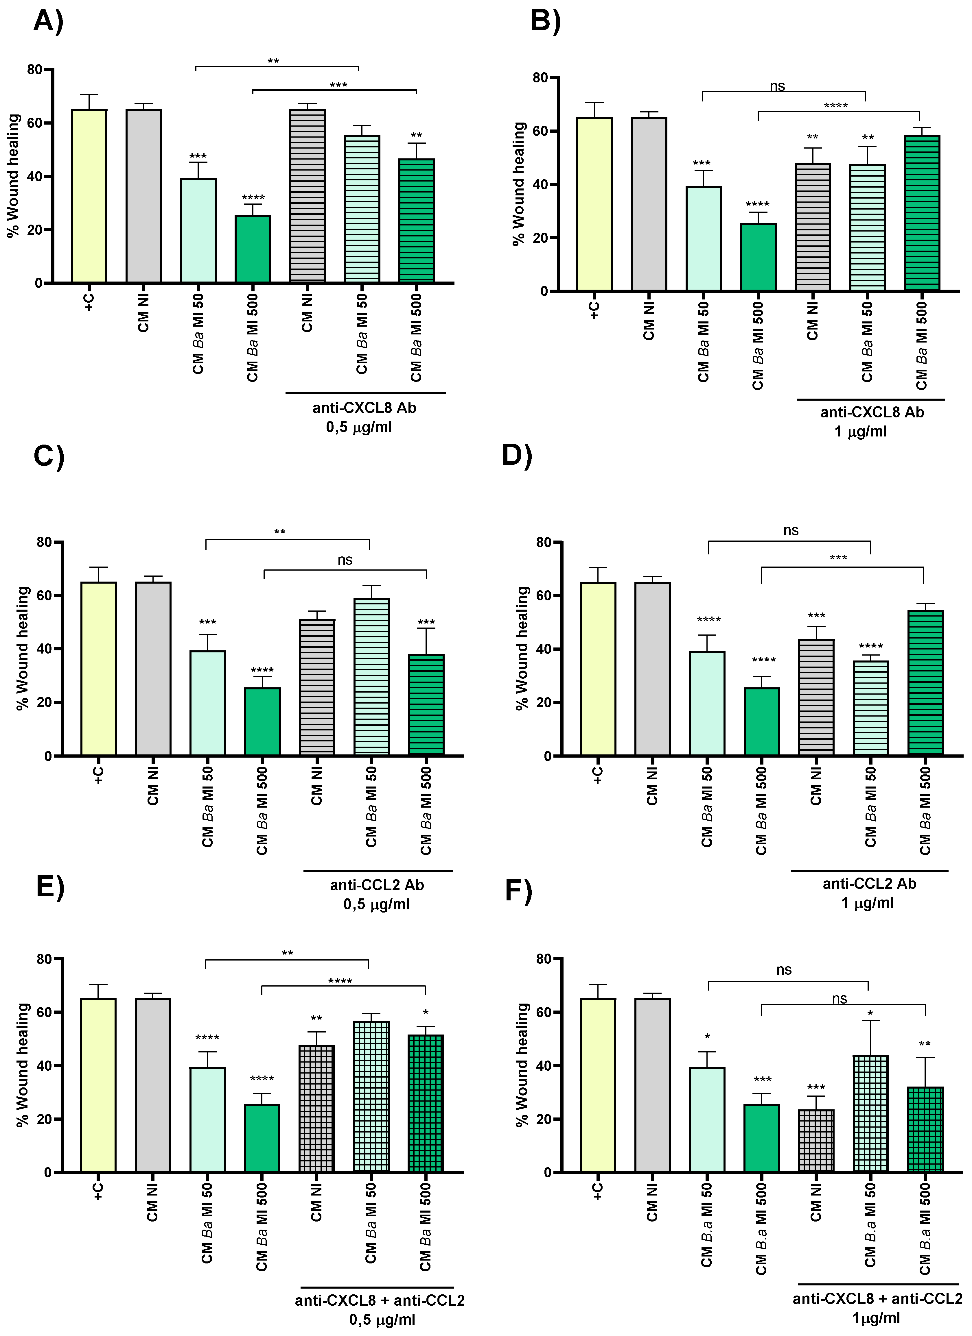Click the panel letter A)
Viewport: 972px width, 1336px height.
tap(48, 22)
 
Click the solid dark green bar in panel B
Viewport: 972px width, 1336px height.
tap(758, 258)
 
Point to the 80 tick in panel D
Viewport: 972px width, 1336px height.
tap(543, 543)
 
